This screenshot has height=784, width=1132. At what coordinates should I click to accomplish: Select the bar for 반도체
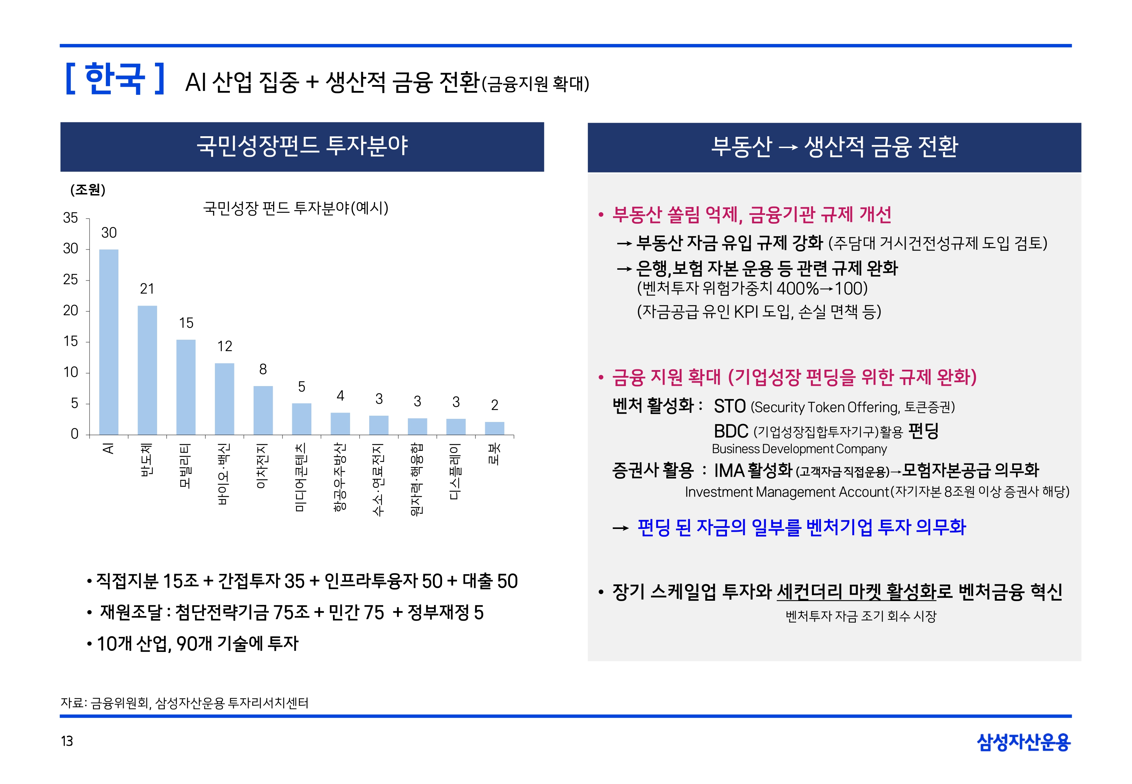tap(147, 370)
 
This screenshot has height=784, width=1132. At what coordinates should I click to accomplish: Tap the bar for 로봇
tap(494, 428)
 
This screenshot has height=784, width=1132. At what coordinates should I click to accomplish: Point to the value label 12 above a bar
tap(225, 346)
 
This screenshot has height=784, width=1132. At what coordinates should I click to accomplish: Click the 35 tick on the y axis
tap(71, 218)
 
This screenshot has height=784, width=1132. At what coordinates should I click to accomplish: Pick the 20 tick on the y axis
tap(71, 310)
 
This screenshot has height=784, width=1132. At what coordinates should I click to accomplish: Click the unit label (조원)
tap(88, 190)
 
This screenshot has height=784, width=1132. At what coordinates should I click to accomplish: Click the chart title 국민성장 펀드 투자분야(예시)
tap(295, 208)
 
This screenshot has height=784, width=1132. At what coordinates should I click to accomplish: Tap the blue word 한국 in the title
tap(115, 79)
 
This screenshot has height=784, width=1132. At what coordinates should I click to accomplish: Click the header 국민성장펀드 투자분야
tap(302, 146)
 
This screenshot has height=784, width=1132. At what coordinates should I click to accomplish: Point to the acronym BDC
tap(731, 431)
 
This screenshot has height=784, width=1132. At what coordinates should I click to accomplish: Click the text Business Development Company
tap(799, 449)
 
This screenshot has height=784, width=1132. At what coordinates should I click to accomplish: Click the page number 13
tap(67, 741)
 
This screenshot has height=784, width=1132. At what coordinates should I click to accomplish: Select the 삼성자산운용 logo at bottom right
tap(1024, 742)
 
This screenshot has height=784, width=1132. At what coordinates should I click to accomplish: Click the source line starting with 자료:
tap(185, 703)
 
